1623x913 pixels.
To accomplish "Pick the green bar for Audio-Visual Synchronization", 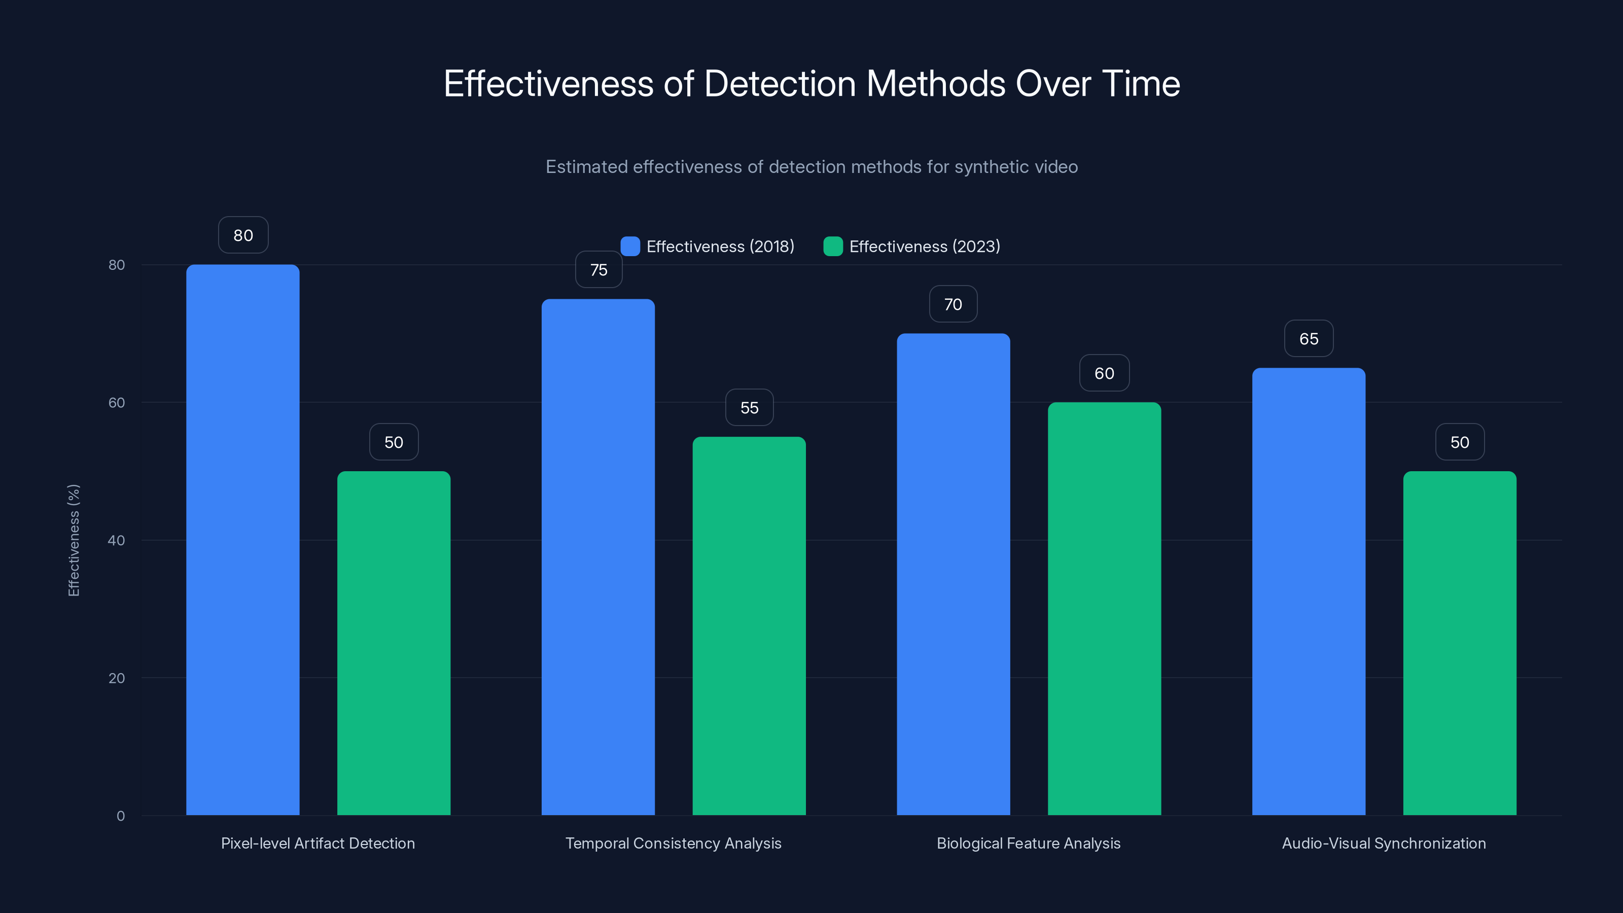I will coord(1459,643).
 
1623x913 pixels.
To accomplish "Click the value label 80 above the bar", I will coord(243,235).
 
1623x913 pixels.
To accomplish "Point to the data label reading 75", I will coord(598,270).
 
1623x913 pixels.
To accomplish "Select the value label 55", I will coord(749,408).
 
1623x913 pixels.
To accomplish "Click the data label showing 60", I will coord(1104,373).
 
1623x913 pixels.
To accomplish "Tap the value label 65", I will coord(1309,339).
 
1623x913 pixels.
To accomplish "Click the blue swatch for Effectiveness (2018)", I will coord(630,247).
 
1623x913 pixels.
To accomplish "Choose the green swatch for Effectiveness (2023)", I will coord(833,247).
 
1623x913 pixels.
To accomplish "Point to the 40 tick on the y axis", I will coord(117,540).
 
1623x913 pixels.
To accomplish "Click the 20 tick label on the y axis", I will coord(117,678).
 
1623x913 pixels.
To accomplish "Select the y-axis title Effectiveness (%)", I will coord(74,540).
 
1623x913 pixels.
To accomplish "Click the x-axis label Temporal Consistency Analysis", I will coord(673,843).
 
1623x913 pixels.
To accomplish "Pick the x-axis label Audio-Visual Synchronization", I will coord(1384,843).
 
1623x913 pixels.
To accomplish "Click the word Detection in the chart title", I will coord(780,84).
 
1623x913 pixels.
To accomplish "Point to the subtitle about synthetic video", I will coord(811,167).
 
